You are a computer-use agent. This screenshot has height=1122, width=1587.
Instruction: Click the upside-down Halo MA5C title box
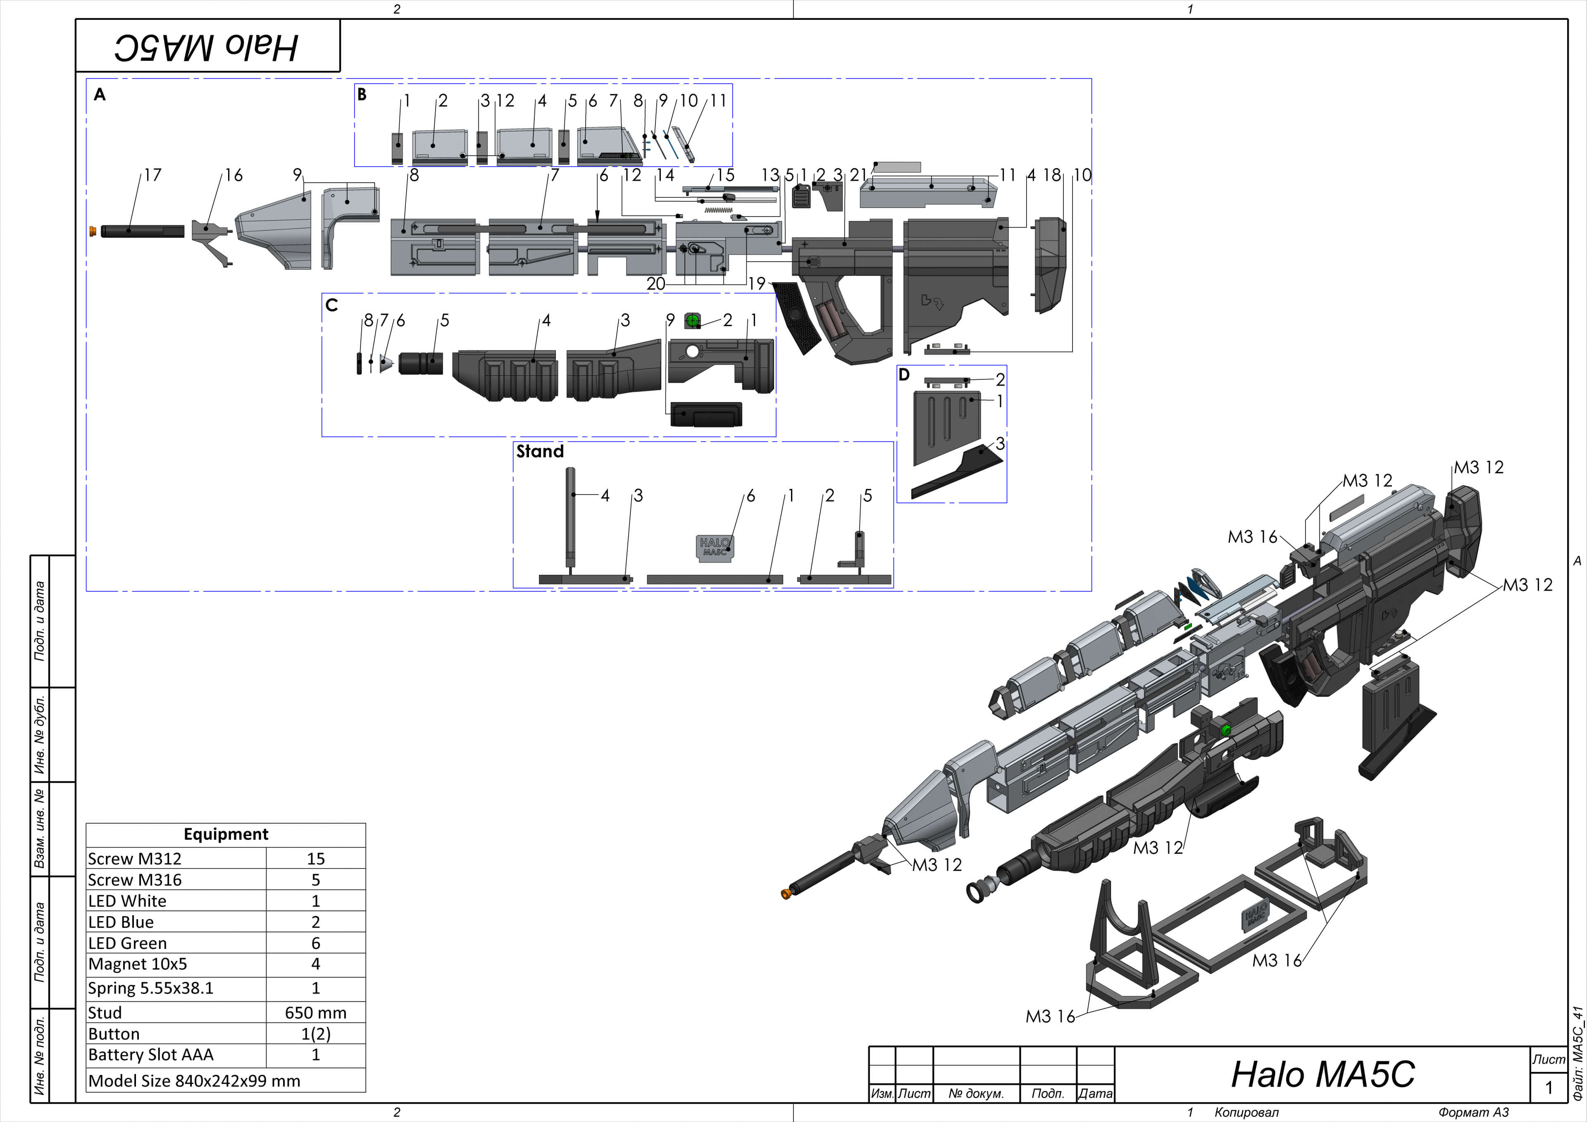[207, 46]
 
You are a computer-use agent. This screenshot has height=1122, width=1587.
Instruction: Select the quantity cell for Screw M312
[315, 859]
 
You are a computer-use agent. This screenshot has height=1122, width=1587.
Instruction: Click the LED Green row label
[128, 943]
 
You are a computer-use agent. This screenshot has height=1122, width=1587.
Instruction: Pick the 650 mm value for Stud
[315, 1013]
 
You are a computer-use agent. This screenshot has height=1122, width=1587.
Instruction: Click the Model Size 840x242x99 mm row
[195, 1081]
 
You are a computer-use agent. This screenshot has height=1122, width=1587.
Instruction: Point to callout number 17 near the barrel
[152, 175]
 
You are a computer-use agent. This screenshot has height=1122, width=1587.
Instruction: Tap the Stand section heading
[540, 451]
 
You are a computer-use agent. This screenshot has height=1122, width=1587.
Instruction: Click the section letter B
[362, 95]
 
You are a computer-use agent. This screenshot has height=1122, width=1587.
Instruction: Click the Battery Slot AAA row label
[151, 1054]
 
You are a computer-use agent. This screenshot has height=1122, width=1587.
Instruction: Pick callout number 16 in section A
[234, 175]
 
